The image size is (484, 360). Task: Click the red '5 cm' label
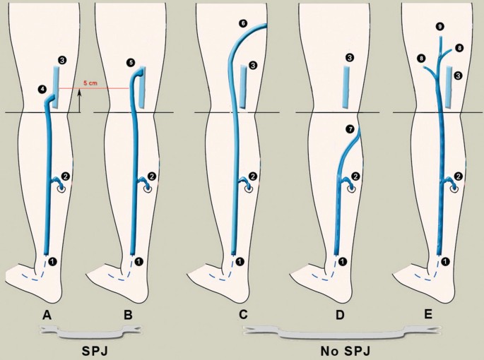click(x=90, y=83)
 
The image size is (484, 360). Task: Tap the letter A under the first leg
click(x=47, y=315)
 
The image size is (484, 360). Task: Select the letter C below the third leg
click(x=243, y=315)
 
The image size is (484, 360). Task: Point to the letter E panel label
click(x=428, y=314)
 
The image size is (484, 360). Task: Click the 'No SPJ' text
click(x=345, y=351)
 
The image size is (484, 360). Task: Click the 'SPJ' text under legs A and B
click(x=95, y=351)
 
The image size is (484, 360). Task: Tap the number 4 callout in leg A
click(x=42, y=90)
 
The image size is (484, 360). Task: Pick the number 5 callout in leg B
click(x=131, y=63)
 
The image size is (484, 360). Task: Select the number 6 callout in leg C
click(x=243, y=23)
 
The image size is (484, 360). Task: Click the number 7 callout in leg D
click(x=350, y=129)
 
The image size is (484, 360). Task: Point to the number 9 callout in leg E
click(x=440, y=27)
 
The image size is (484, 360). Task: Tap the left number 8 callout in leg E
click(x=420, y=58)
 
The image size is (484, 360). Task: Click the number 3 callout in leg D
click(x=350, y=57)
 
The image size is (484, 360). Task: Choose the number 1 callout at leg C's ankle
click(x=240, y=262)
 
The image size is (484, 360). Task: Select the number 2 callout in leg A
click(x=66, y=176)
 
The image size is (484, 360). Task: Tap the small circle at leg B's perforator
click(x=148, y=189)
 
